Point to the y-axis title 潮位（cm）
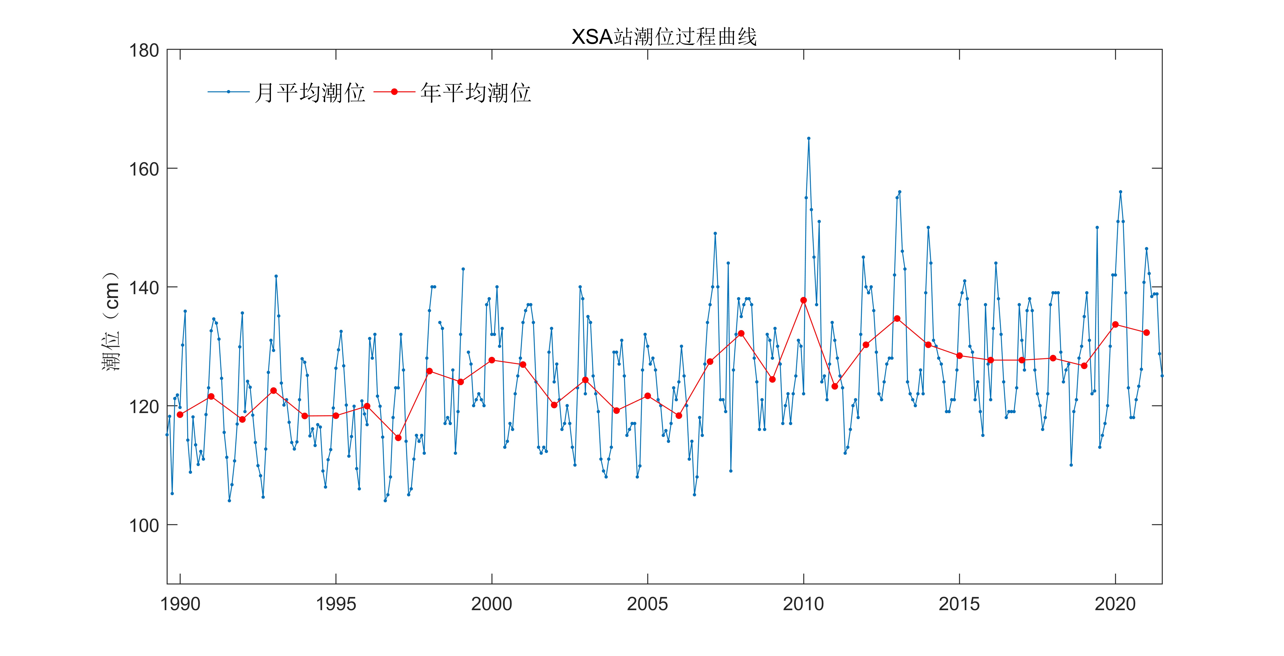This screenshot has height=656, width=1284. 111,322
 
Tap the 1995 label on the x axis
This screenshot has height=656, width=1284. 336,604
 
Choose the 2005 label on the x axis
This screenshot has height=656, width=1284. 647,604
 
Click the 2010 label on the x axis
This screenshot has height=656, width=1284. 803,604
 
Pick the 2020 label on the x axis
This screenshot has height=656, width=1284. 1115,604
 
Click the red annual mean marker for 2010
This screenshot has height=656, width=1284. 803,300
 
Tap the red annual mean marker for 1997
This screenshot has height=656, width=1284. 398,438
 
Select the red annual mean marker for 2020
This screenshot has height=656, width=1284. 1116,325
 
